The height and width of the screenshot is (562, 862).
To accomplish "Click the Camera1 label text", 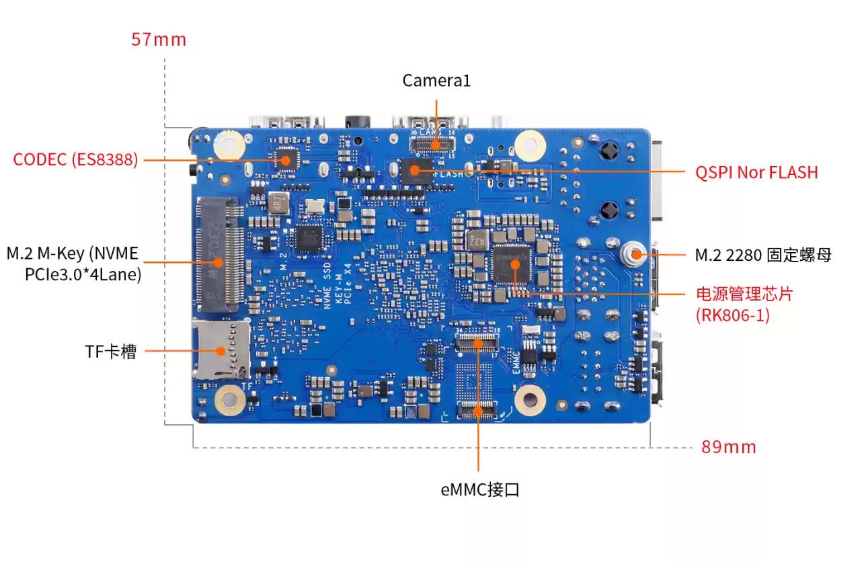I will coord(436,81).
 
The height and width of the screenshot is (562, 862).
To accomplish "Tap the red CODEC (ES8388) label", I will coord(75,160).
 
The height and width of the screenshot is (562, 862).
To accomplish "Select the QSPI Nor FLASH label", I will coord(756,172).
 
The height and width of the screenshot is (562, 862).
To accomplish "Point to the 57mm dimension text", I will coord(158,39).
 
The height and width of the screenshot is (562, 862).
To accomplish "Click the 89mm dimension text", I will coord(728,446).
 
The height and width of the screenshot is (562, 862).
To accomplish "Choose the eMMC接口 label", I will coord(479,489).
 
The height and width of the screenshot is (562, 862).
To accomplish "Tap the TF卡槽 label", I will coord(110,351).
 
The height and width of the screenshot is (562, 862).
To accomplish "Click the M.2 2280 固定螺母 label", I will coord(763,255).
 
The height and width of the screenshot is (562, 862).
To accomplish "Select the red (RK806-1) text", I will coord(733,315).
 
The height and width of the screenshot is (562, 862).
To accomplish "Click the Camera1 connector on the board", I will coord(434,143).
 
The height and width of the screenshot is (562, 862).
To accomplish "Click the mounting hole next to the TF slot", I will coord(229,401).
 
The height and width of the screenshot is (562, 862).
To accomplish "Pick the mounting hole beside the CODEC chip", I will coord(229,143).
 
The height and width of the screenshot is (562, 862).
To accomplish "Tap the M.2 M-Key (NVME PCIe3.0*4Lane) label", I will coord(73,264).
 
